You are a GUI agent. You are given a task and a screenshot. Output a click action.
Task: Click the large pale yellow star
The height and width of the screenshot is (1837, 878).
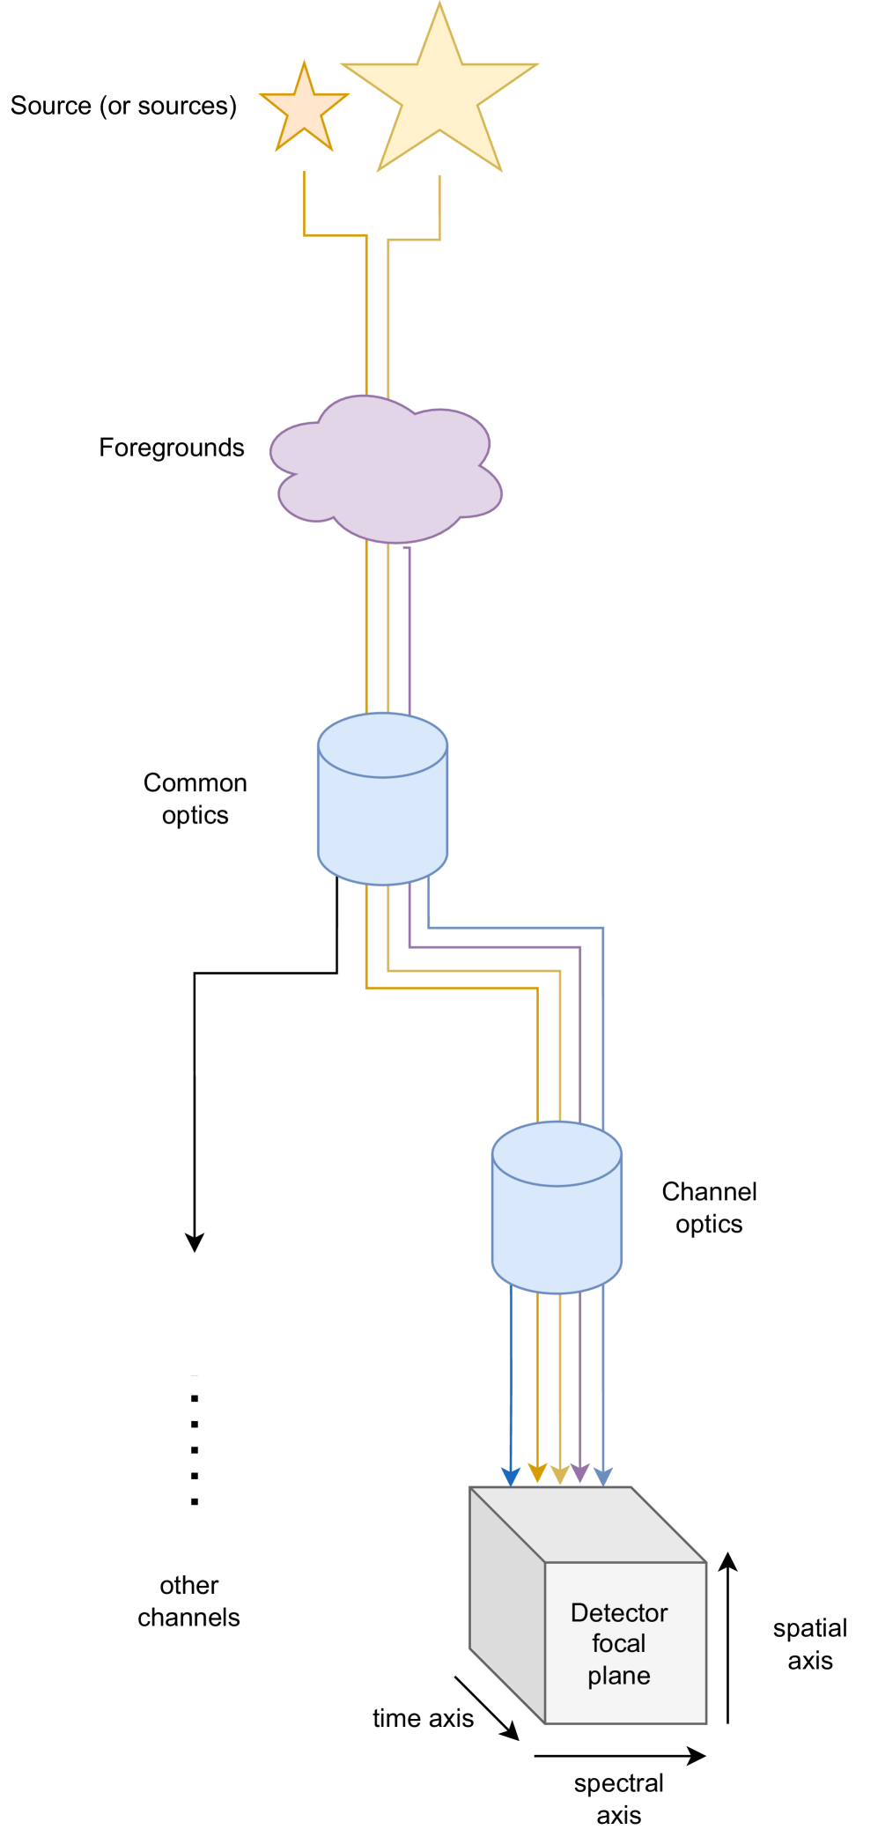click(x=439, y=97)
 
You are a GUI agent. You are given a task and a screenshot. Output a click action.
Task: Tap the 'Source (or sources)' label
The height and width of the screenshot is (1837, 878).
click(x=123, y=106)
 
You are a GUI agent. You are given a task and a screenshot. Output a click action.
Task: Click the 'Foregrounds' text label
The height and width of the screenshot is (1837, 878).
click(x=171, y=448)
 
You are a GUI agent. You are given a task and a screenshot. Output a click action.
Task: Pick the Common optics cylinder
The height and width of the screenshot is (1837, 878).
click(x=382, y=811)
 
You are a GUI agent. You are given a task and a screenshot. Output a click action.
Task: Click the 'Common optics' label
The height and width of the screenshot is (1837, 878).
click(x=195, y=798)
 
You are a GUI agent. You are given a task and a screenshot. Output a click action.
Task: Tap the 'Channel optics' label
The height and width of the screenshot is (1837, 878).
click(x=709, y=1207)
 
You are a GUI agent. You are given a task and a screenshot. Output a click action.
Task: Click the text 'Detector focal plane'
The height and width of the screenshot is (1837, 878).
click(x=619, y=1643)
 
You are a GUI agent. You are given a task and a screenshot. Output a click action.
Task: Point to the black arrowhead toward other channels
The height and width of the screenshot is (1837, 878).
click(x=195, y=1242)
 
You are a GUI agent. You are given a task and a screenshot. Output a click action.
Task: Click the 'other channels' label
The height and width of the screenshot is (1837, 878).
click(x=188, y=1601)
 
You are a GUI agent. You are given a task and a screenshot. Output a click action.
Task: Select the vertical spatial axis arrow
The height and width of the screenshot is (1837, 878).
click(x=727, y=1639)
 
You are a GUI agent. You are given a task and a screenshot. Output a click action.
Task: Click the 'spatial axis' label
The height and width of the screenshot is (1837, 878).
click(x=809, y=1644)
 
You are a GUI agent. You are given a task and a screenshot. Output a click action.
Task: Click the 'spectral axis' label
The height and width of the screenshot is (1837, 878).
click(x=619, y=1798)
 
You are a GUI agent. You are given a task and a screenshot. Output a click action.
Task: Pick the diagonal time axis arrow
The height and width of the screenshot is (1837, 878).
click(x=485, y=1707)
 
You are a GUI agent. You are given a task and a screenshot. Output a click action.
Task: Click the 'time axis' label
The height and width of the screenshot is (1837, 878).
click(x=423, y=1718)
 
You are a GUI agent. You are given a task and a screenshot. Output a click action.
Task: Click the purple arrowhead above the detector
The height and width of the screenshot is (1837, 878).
click(x=579, y=1472)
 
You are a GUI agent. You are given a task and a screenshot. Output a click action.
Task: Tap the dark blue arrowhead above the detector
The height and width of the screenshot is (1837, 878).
click(x=511, y=1477)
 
